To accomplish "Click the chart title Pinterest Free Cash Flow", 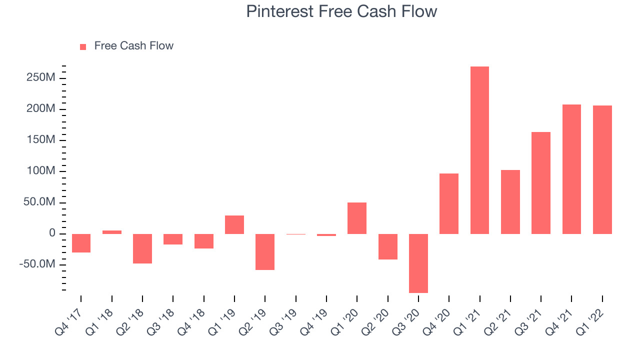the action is (x=341, y=11).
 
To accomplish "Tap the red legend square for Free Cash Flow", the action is (x=83, y=47).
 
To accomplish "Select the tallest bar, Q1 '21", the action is (x=479, y=150).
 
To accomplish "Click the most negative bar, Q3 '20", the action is (x=418, y=263).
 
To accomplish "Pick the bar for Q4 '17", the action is (x=81, y=243).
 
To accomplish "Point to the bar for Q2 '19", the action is (x=265, y=252).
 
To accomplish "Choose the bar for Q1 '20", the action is (x=357, y=218).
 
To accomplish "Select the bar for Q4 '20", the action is (x=449, y=203).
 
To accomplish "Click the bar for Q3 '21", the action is (x=541, y=183).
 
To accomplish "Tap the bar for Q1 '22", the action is (x=602, y=169).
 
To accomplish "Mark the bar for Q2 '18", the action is (x=142, y=248).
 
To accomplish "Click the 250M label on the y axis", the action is (x=41, y=77).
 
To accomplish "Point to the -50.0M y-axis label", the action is (x=37, y=264).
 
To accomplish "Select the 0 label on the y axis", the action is (x=52, y=233).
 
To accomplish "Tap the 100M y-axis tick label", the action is (x=41, y=171).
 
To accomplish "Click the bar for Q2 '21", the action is (x=510, y=202).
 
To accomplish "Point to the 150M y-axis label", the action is (x=41, y=139).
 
